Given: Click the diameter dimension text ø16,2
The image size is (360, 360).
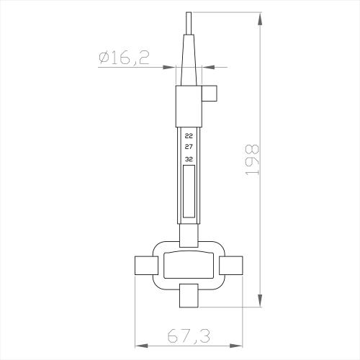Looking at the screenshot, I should [125, 58].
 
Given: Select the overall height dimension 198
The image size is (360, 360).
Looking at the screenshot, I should [253, 160].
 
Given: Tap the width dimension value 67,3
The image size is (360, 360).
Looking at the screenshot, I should [189, 336].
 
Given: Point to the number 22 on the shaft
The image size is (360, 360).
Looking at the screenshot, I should [189, 135].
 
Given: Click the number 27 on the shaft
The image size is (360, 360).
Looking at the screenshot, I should [189, 147].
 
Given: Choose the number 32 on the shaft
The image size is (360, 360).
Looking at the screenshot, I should [189, 158].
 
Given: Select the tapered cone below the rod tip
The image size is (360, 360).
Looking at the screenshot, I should [189, 61].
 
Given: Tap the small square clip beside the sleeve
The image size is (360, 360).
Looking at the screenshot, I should [210, 93].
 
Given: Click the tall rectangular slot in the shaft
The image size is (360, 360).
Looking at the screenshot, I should [189, 191].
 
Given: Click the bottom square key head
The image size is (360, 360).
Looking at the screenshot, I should [189, 294].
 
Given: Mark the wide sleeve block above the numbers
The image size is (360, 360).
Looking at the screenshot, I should [189, 107].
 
